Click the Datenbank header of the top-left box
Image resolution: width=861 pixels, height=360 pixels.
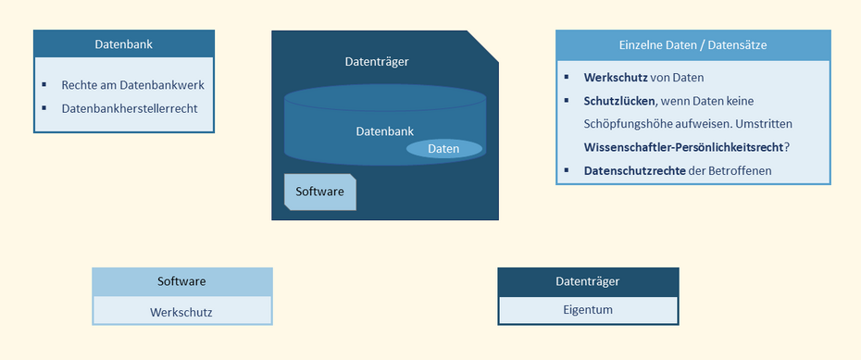[123, 43]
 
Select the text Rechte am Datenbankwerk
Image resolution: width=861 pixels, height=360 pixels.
[132, 85]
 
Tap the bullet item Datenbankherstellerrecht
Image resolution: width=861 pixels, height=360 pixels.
[129, 108]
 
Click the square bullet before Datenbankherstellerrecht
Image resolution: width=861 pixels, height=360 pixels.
[44, 107]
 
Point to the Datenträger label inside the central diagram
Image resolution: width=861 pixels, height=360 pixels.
[376, 62]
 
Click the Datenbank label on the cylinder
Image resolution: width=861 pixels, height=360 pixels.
[384, 131]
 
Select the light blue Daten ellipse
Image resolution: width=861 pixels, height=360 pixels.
[443, 148]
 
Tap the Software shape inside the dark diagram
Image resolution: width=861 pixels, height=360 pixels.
[319, 192]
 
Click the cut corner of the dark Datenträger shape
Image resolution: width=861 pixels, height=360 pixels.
[483, 45]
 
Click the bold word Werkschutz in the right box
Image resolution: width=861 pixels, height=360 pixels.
[616, 78]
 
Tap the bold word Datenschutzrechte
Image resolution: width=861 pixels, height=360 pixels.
[634, 170]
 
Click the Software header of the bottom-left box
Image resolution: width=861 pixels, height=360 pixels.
[181, 281]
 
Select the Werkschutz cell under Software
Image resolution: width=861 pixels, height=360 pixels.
[181, 312]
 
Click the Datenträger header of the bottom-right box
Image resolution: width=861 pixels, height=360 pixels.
[587, 281]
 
